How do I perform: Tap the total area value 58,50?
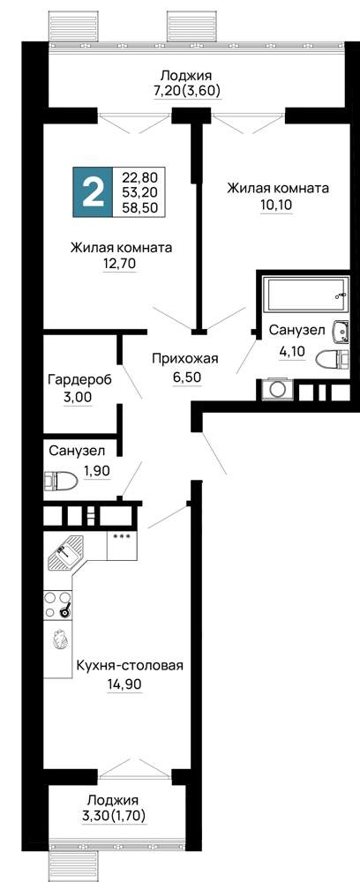point(140,207)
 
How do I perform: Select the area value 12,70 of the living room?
point(120,263)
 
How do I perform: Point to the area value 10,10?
point(277,204)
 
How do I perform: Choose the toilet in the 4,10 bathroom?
point(331,359)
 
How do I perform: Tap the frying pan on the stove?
point(64,609)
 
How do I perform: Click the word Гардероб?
point(79,379)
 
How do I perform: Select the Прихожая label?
point(185,358)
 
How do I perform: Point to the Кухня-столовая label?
point(131,666)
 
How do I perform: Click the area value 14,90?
point(124,684)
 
